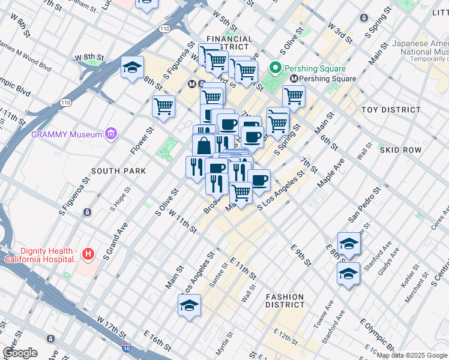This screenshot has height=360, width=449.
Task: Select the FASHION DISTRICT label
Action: point(285,301)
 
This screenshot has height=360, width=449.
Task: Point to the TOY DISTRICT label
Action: point(391,110)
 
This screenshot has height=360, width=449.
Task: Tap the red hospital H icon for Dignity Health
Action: point(88,254)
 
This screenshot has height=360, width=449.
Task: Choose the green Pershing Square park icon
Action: point(276,67)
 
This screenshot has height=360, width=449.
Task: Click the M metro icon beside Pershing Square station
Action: point(294,79)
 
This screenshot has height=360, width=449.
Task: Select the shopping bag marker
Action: point(204,145)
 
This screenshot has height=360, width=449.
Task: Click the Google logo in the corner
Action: point(20,353)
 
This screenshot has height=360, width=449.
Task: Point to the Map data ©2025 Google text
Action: point(411,355)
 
